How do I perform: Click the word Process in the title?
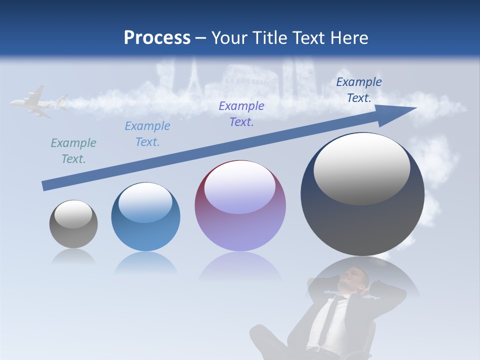click(x=157, y=38)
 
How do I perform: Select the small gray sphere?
click(x=73, y=224)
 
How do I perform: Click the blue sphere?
click(x=145, y=217)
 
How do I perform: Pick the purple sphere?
click(x=240, y=206)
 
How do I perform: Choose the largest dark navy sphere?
click(x=362, y=194)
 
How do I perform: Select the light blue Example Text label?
click(x=147, y=134)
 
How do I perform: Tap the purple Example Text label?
click(x=241, y=114)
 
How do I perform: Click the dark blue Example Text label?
click(x=359, y=90)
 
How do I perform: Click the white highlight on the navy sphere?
click(x=361, y=169)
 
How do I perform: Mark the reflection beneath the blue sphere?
click(x=145, y=263)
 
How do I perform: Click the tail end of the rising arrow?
click(x=46, y=185)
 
